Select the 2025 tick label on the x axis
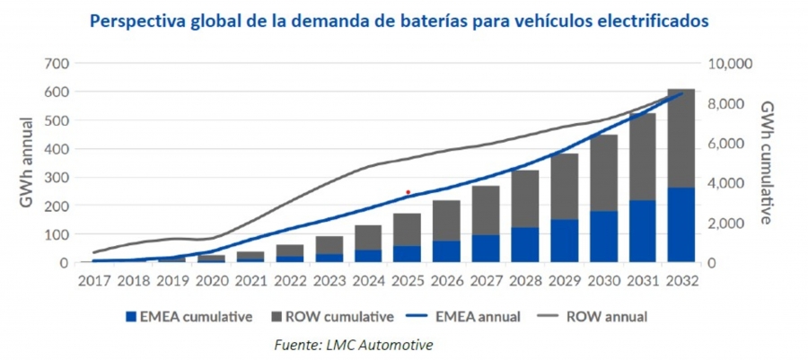click(x=408, y=280)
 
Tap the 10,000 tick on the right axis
click(x=728, y=64)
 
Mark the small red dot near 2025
click(x=408, y=192)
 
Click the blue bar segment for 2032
click(x=681, y=225)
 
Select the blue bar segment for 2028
click(x=525, y=244)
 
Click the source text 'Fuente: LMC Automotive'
click(x=352, y=343)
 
